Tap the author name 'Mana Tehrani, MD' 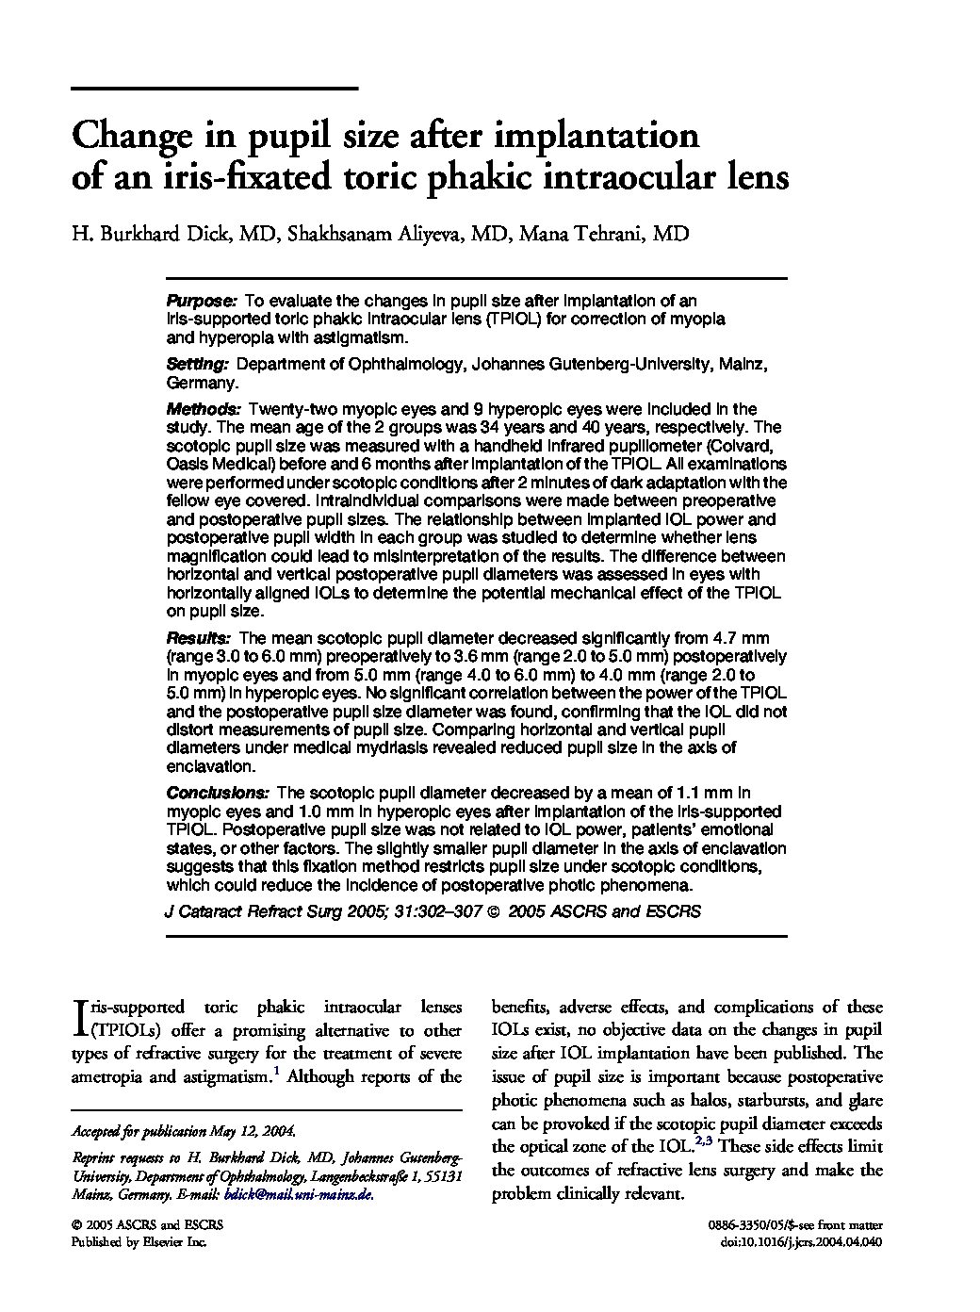tap(604, 235)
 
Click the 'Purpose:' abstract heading tap(201, 301)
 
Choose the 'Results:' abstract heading tap(198, 638)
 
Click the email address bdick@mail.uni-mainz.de tap(299, 1194)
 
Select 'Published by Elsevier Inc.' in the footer tap(139, 1242)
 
